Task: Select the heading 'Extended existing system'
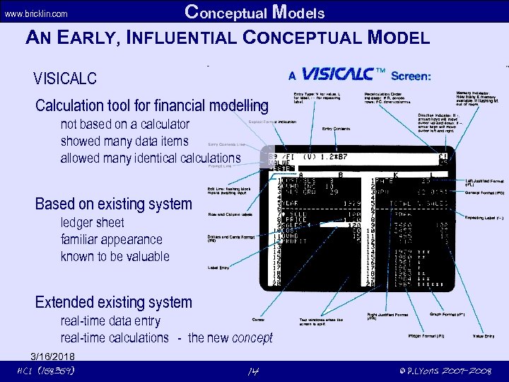click(x=114, y=303)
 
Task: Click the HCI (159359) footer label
click(x=46, y=371)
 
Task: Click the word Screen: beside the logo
click(x=421, y=76)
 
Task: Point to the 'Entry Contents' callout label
click(x=337, y=129)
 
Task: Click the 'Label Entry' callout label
click(x=218, y=267)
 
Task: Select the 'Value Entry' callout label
click(x=484, y=336)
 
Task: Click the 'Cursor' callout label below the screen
click(x=258, y=320)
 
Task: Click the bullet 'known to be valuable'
click(x=115, y=256)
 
